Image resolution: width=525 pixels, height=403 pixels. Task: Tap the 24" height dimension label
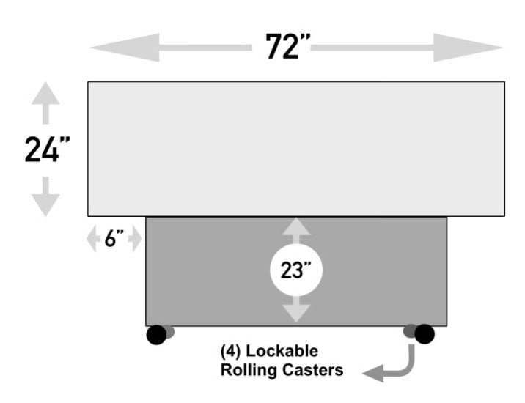click(47, 149)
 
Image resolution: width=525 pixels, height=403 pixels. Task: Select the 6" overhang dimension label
click(114, 240)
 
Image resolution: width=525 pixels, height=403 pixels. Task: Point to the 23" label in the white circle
click(296, 270)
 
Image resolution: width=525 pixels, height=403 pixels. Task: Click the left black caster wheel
click(156, 334)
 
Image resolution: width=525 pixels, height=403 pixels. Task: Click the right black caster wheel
click(424, 334)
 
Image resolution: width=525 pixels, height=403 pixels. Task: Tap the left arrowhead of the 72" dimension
click(110, 48)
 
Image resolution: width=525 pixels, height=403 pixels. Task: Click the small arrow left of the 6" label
click(93, 240)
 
